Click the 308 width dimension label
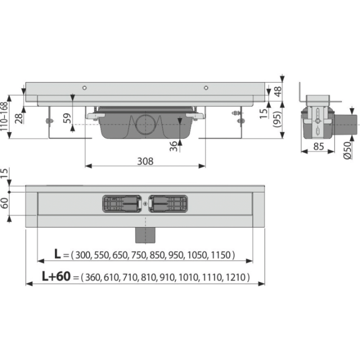click(x=145, y=161)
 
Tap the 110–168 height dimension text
click(x=4, y=116)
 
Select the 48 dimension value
click(x=277, y=91)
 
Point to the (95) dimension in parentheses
click(x=277, y=119)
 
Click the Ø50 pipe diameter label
click(x=347, y=150)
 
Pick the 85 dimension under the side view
click(x=318, y=146)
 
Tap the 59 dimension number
click(x=67, y=118)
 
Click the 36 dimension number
click(x=173, y=146)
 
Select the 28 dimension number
click(x=19, y=118)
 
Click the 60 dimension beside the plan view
click(x=4, y=203)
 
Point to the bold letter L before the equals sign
click(x=57, y=254)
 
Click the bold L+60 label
click(x=56, y=276)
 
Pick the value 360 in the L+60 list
click(x=93, y=277)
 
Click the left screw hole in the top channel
click(x=84, y=87)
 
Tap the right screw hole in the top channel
click(x=206, y=87)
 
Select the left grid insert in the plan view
click(x=121, y=203)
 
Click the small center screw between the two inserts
click(x=145, y=203)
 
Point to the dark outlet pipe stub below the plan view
click(x=145, y=235)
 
